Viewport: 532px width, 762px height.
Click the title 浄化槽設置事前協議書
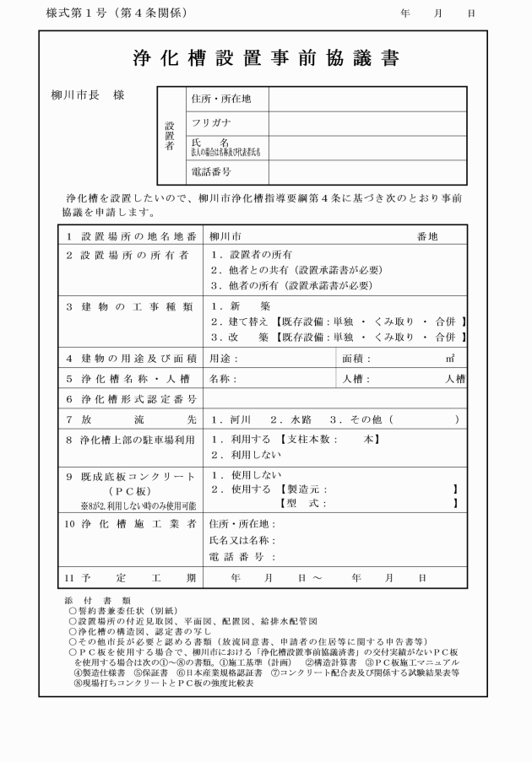(266, 58)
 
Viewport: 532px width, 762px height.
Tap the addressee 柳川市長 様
(88, 95)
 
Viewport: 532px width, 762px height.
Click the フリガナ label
(213, 123)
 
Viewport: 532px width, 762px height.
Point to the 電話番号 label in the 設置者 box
(211, 172)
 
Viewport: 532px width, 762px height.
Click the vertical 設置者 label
(170, 135)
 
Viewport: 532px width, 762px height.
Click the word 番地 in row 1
(427, 236)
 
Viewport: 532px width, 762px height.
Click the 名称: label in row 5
(224, 379)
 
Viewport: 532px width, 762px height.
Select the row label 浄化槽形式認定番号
(133, 398)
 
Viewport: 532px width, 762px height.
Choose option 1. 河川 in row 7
(233, 419)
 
